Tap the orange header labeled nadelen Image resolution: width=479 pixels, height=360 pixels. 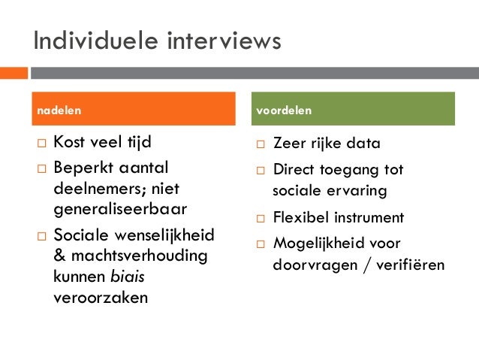pyautogui.click(x=131, y=110)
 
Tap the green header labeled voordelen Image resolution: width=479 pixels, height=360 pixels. pyautogui.click(x=354, y=110)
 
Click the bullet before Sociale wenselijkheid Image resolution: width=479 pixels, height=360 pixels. pyautogui.click(x=41, y=237)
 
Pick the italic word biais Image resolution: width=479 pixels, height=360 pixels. pyautogui.click(x=125, y=276)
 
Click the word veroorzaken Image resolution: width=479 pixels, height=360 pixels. pyautogui.click(x=101, y=296)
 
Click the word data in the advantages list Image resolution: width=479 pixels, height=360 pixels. pyautogui.click(x=363, y=144)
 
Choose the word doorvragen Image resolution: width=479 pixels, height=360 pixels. pyautogui.click(x=308, y=266)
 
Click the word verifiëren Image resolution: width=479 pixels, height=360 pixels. pyautogui.click(x=413, y=266)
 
